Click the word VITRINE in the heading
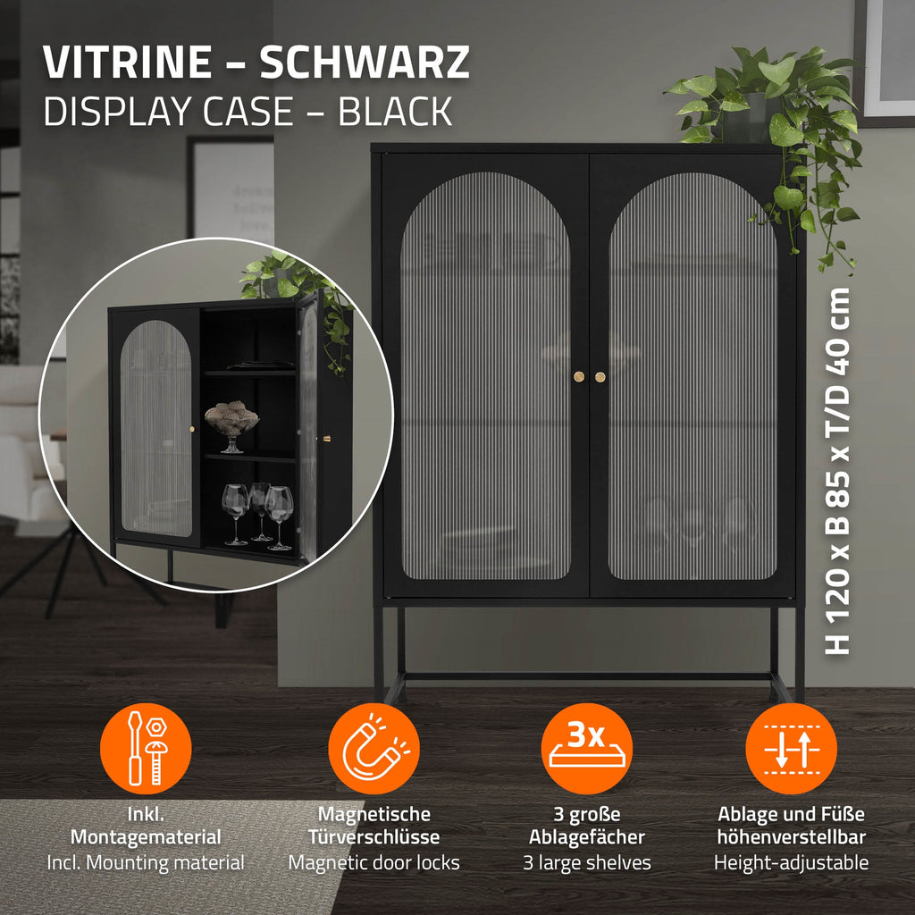(x=127, y=62)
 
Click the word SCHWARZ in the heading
(x=365, y=62)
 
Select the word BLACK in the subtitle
(x=396, y=111)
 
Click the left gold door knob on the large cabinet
(x=578, y=376)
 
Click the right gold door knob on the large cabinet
(x=600, y=377)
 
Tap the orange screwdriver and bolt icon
(x=146, y=749)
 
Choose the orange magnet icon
(x=374, y=749)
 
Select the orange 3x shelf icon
(x=586, y=749)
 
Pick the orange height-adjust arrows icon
(x=792, y=749)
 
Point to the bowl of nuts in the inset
(x=231, y=416)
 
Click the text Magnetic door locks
(x=374, y=862)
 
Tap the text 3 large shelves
(x=586, y=862)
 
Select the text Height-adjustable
(x=792, y=862)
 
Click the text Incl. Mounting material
(x=146, y=862)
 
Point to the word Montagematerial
(x=146, y=837)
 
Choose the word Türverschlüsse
(x=374, y=836)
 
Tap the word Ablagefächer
(x=586, y=837)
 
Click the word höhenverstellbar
(x=792, y=836)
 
